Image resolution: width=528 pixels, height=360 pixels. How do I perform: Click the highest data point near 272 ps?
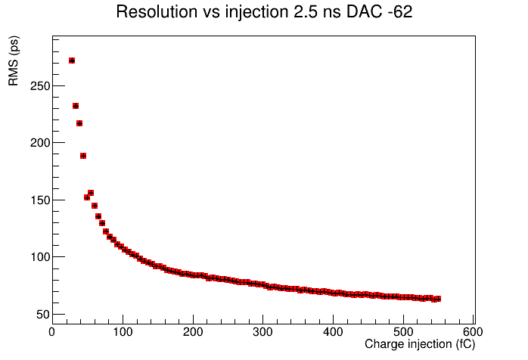(72, 61)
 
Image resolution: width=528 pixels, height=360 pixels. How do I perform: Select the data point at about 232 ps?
(76, 106)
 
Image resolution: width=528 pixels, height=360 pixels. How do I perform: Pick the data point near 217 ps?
(79, 123)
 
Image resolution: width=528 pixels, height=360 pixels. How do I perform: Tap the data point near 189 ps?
(83, 156)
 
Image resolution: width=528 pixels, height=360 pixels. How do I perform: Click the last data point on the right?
(438, 299)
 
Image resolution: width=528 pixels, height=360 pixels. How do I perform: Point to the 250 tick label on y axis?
(40, 86)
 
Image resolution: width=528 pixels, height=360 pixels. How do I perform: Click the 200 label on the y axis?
(40, 143)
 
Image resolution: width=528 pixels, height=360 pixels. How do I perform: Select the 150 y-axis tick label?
(40, 200)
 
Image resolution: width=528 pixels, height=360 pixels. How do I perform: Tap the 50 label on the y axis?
(43, 315)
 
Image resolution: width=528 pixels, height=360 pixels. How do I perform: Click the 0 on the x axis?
(52, 332)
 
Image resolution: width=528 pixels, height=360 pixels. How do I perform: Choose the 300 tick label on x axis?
(262, 332)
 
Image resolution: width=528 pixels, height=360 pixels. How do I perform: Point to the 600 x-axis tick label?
(473, 332)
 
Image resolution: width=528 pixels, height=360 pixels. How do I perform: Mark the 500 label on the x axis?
(403, 332)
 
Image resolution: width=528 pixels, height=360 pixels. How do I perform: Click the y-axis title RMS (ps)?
(14, 61)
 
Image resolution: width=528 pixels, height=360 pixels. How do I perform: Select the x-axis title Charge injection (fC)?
(420, 344)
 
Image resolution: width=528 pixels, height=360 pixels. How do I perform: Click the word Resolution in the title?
(157, 12)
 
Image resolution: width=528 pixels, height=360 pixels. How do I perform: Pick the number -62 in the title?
(399, 12)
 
